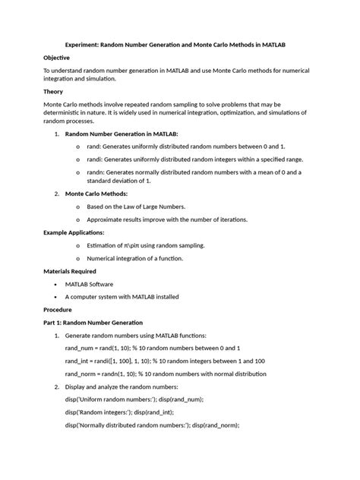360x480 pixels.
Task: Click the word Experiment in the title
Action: click(83, 45)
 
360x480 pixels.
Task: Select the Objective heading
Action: click(57, 58)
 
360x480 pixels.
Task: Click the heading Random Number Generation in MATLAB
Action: click(122, 134)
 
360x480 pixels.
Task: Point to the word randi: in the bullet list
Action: click(95, 159)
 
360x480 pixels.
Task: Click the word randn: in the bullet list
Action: click(96, 172)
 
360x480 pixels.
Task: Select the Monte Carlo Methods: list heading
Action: click(96, 194)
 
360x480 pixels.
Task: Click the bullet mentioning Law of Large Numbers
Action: click(135, 206)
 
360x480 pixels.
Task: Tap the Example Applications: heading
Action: click(74, 232)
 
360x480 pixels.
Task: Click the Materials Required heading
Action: click(69, 271)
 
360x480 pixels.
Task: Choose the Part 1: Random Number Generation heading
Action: click(93, 323)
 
